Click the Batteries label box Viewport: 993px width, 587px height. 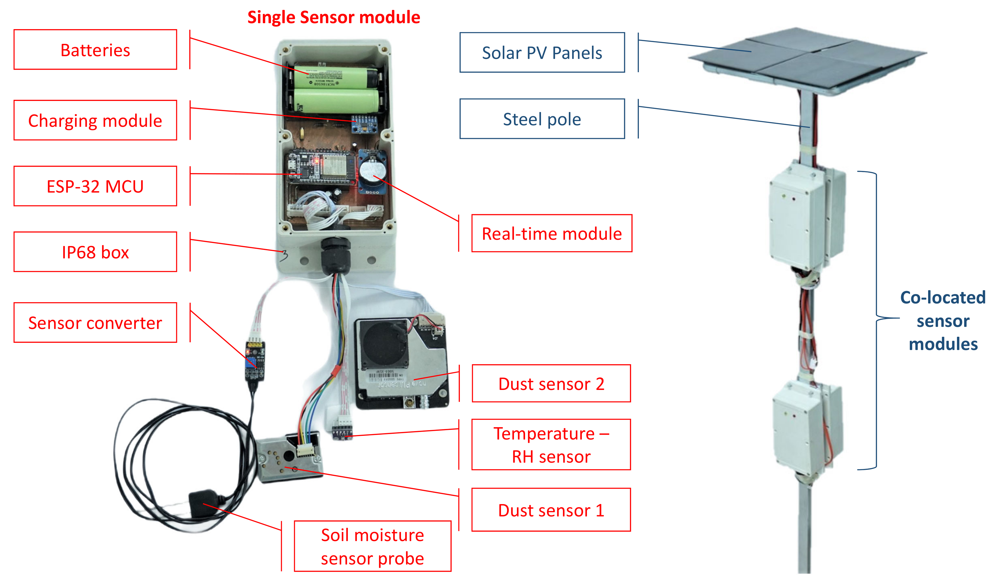pos(95,50)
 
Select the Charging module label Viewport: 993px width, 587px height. pos(95,120)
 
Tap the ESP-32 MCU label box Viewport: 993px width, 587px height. pos(95,186)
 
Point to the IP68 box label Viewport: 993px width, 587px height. pos(95,252)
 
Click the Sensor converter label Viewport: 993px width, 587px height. pos(95,323)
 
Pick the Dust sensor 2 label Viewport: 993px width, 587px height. pos(551,384)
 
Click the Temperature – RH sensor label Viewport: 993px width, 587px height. pos(551,445)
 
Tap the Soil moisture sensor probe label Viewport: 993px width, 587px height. pos(372,546)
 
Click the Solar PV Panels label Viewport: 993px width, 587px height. pos(542,53)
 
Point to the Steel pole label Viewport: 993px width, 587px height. pos(542,119)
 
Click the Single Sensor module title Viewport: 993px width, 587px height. pos(333,17)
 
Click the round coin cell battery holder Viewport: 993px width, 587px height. pos(372,172)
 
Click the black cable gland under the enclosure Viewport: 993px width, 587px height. pos(335,255)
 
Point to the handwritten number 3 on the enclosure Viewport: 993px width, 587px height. pos(284,256)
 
